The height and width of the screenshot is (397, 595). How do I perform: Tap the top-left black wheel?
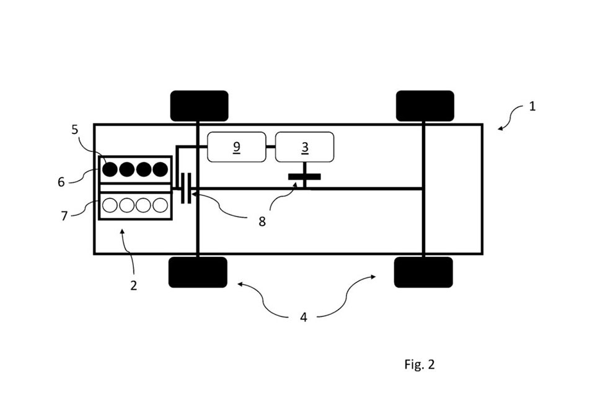(199, 106)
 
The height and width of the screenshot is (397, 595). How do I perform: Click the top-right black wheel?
(425, 106)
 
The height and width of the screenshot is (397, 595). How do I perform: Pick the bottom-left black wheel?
(198, 272)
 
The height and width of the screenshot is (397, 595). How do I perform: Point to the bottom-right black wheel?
(423, 272)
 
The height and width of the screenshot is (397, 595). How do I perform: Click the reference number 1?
(532, 106)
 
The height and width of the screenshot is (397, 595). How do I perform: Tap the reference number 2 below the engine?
(133, 285)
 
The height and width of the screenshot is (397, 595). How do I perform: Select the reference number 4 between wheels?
(304, 317)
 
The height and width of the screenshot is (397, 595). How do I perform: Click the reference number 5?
(75, 130)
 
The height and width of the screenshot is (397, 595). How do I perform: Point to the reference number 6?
(61, 182)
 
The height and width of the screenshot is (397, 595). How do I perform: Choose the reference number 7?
(64, 216)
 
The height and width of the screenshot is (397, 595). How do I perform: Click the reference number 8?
(262, 221)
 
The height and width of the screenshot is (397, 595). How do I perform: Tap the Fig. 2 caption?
(420, 364)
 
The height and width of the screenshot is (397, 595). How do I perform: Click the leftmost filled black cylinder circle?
(110, 169)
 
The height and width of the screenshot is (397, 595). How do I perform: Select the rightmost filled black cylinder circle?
(160, 169)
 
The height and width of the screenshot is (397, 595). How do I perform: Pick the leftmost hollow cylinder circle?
(110, 205)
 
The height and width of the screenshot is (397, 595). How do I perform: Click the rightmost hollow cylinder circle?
(160, 205)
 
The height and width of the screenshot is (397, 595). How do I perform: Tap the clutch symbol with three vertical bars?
(185, 188)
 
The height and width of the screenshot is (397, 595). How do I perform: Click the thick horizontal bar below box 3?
(304, 177)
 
